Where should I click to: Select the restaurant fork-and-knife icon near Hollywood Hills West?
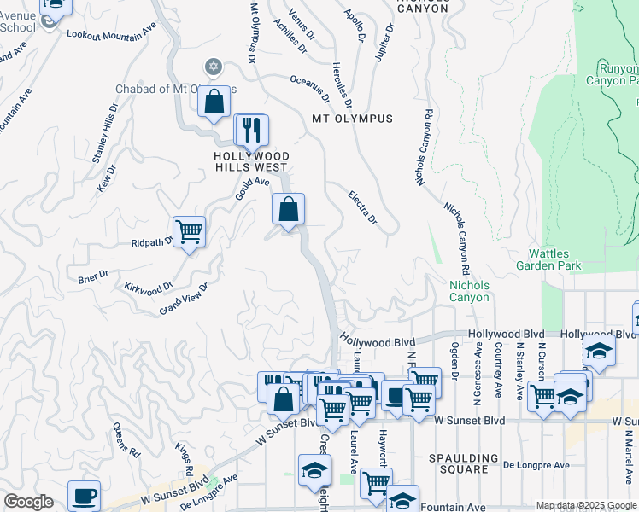(x=251, y=130)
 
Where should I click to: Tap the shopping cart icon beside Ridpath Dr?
(x=189, y=230)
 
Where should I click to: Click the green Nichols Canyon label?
(x=469, y=292)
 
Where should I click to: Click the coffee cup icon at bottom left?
(x=84, y=496)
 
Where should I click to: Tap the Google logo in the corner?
(x=28, y=502)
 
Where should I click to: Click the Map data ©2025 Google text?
(x=586, y=505)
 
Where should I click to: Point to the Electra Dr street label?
(x=362, y=208)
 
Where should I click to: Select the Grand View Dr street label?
(x=184, y=299)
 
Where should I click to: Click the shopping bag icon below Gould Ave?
(x=289, y=209)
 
